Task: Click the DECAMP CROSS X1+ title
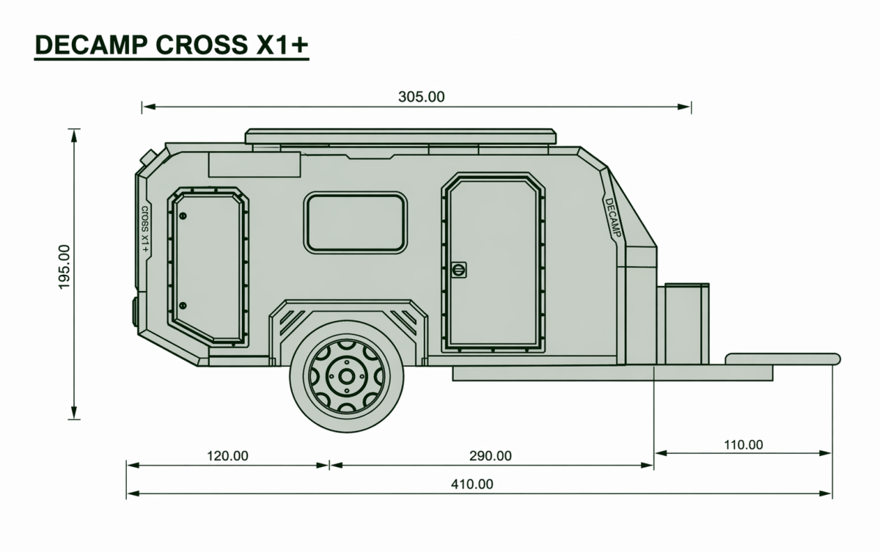(x=172, y=45)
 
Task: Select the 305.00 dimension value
(x=421, y=97)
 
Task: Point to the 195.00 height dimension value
(x=64, y=267)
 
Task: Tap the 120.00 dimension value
(x=227, y=456)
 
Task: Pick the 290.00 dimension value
(x=491, y=456)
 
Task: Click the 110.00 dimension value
(x=744, y=445)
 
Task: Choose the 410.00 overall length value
(x=472, y=484)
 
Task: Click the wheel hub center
(x=346, y=377)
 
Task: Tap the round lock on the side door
(x=458, y=270)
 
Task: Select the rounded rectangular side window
(x=355, y=223)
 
